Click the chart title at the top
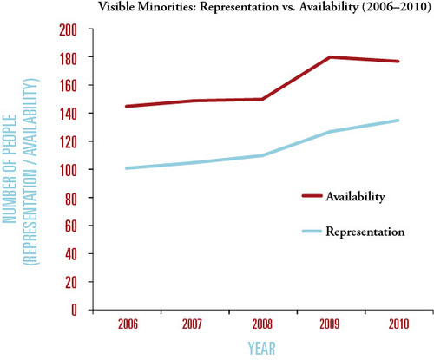click(265, 6)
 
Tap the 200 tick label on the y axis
click(69, 30)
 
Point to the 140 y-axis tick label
click(69, 115)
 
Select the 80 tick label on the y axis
click(71, 199)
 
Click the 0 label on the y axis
click(75, 310)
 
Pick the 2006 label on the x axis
click(128, 324)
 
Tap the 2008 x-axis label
click(262, 324)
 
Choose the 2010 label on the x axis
click(399, 324)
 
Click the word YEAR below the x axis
click(262, 348)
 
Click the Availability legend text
click(356, 197)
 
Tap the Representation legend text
click(365, 232)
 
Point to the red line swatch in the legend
click(312, 196)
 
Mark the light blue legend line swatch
click(312, 231)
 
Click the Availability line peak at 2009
click(330, 57)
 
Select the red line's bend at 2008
click(262, 99)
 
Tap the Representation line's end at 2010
click(398, 121)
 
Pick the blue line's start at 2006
click(127, 168)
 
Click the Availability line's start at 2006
click(127, 107)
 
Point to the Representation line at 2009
click(330, 132)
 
